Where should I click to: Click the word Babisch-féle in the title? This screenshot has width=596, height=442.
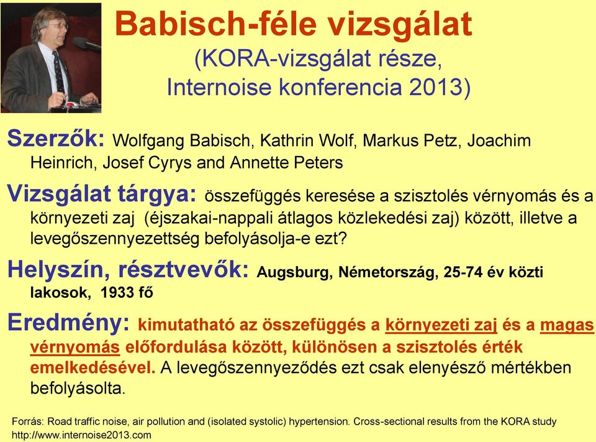click(216, 24)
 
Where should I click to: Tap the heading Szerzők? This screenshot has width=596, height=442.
click(56, 138)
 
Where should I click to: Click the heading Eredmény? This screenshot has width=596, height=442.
click(69, 323)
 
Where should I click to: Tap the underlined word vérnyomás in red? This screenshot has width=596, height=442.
click(75, 348)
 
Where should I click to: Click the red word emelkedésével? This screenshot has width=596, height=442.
click(93, 368)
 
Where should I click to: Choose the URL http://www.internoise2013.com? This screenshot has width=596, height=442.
click(81, 435)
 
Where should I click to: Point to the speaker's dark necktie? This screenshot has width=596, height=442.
click(58, 71)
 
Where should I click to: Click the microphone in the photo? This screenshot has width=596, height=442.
click(86, 44)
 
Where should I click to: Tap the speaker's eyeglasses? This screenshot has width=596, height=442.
click(56, 26)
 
